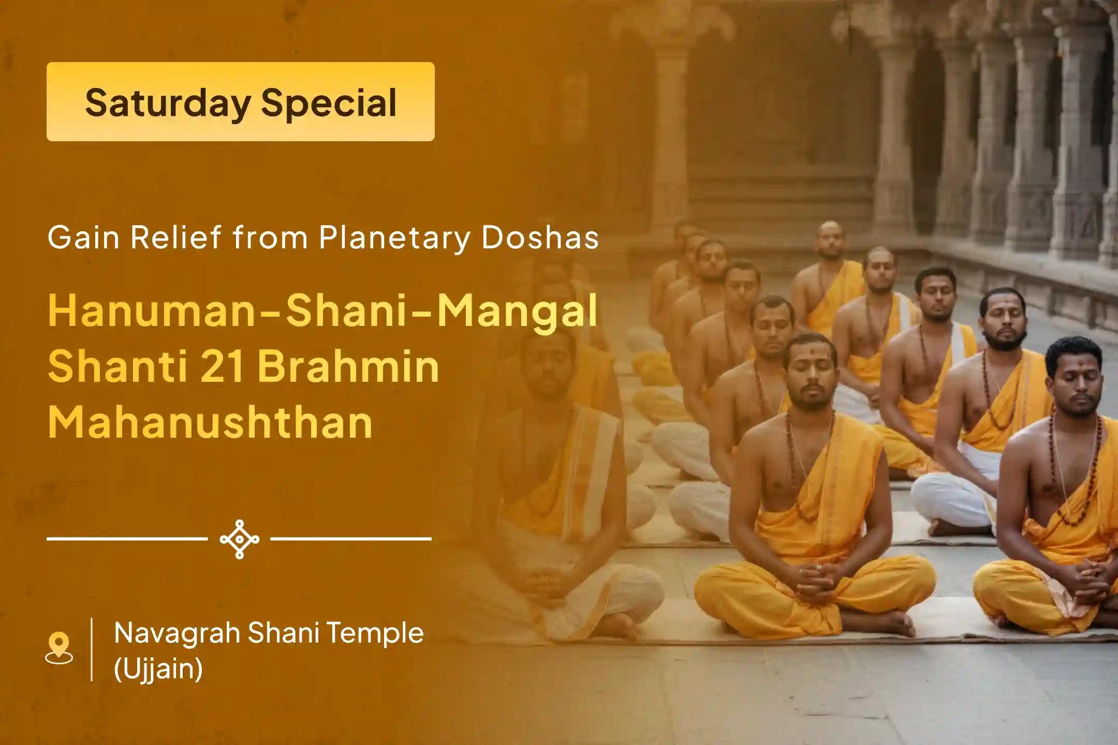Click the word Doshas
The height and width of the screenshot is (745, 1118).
point(540,238)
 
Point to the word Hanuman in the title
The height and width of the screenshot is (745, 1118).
point(151,310)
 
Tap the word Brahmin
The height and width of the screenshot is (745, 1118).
point(348,366)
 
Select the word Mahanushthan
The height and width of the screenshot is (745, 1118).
point(210,422)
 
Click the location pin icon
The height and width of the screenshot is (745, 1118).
point(59,648)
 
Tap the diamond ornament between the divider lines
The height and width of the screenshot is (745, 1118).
point(240,539)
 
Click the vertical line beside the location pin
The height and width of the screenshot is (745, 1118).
point(92,650)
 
